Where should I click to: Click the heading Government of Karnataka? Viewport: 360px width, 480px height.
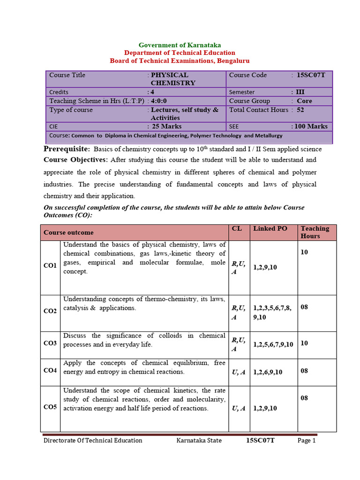(180, 45)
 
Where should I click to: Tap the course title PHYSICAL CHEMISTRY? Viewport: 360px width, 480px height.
(172, 79)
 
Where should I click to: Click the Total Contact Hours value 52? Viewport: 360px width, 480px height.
(300, 110)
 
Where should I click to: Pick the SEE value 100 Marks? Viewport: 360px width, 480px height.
(310, 126)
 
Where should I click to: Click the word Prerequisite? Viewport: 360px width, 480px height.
(67, 149)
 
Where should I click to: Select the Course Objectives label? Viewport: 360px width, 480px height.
(75, 159)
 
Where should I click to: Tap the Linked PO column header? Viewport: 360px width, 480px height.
(270, 229)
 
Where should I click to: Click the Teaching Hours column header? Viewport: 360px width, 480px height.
(315, 232)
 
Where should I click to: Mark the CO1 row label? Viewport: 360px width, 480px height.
(50, 266)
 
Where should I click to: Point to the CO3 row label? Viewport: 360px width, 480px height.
(50, 344)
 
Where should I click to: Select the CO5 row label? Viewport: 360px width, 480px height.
(50, 407)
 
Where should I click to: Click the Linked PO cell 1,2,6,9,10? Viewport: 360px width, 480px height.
(268, 372)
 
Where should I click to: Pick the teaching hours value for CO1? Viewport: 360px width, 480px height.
(304, 252)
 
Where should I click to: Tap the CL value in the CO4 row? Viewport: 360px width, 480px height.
(239, 372)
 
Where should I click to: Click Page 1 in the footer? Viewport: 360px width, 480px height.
(307, 441)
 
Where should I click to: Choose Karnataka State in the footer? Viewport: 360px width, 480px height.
(199, 441)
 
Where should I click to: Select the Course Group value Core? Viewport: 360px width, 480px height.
(304, 101)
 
